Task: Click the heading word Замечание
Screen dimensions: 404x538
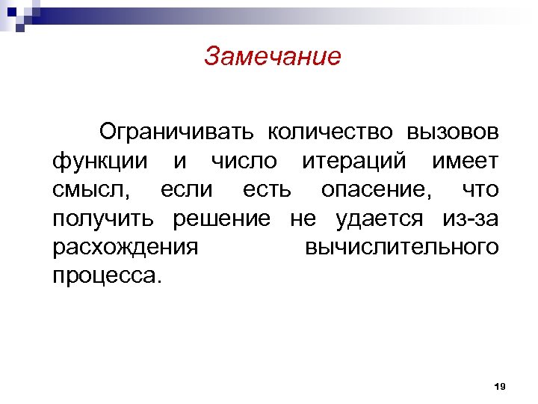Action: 272,57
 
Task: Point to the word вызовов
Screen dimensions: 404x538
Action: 452,132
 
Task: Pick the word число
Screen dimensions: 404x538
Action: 244,161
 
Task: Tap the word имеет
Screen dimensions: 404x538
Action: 464,161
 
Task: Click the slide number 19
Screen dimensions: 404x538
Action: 500,386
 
